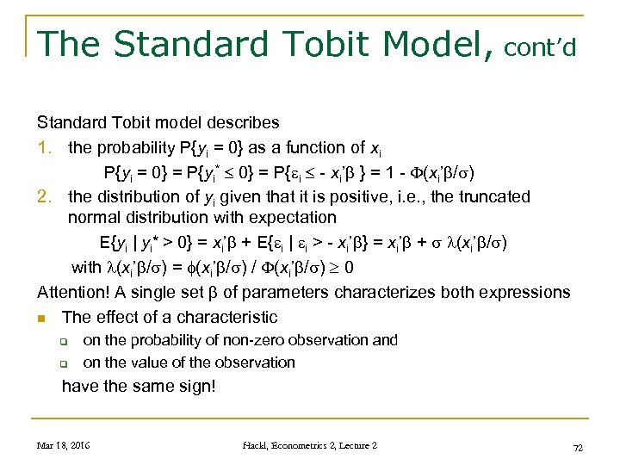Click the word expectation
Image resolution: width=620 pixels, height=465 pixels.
288,217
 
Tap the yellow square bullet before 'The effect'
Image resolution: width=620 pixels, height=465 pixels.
42,318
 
